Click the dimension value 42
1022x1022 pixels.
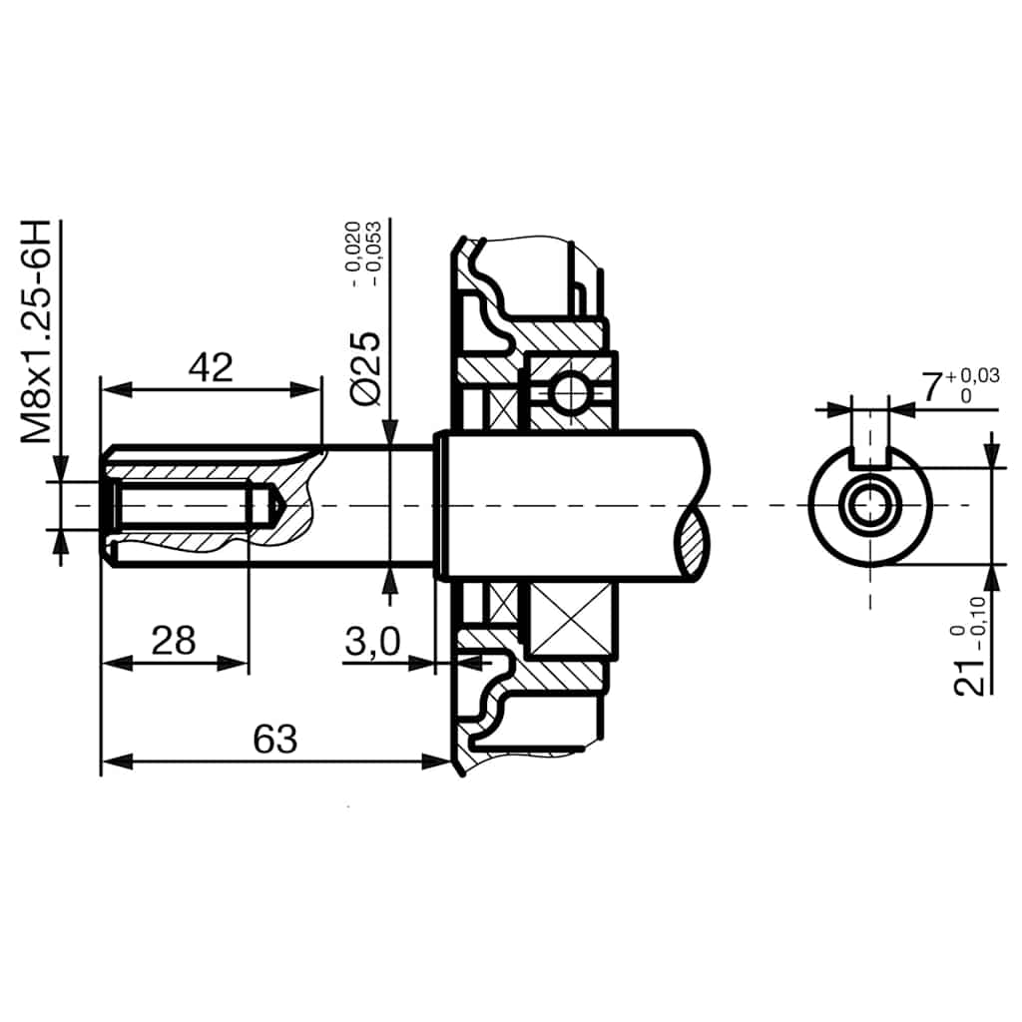click(x=211, y=367)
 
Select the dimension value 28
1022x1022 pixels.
click(x=173, y=641)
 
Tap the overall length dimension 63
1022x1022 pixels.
click(x=275, y=740)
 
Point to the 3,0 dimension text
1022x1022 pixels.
click(x=372, y=644)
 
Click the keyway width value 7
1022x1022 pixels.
click(x=931, y=387)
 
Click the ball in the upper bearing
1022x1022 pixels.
click(x=569, y=392)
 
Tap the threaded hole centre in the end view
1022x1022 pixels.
click(x=869, y=506)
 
